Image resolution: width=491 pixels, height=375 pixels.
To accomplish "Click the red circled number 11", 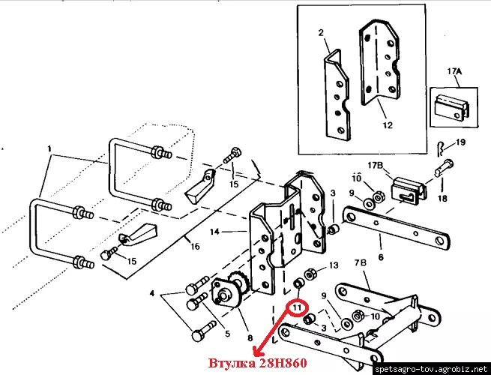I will tap(298, 307).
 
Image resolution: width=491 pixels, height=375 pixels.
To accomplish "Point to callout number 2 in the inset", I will tap(319, 34).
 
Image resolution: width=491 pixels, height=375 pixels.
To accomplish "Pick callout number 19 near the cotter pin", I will tap(460, 142).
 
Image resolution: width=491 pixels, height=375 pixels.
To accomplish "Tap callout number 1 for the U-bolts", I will tap(51, 149).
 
